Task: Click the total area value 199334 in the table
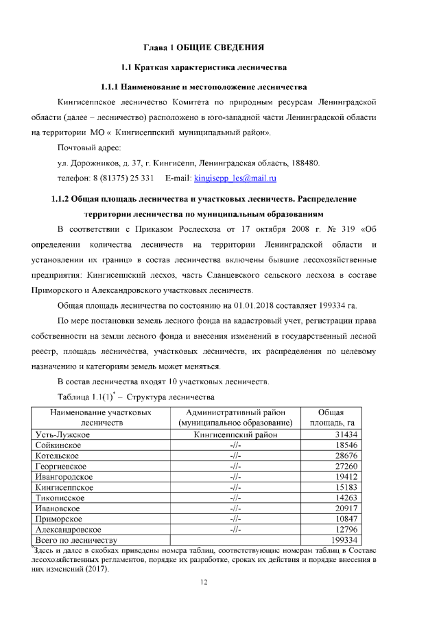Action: [347, 540]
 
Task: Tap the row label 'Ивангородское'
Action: [64, 477]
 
